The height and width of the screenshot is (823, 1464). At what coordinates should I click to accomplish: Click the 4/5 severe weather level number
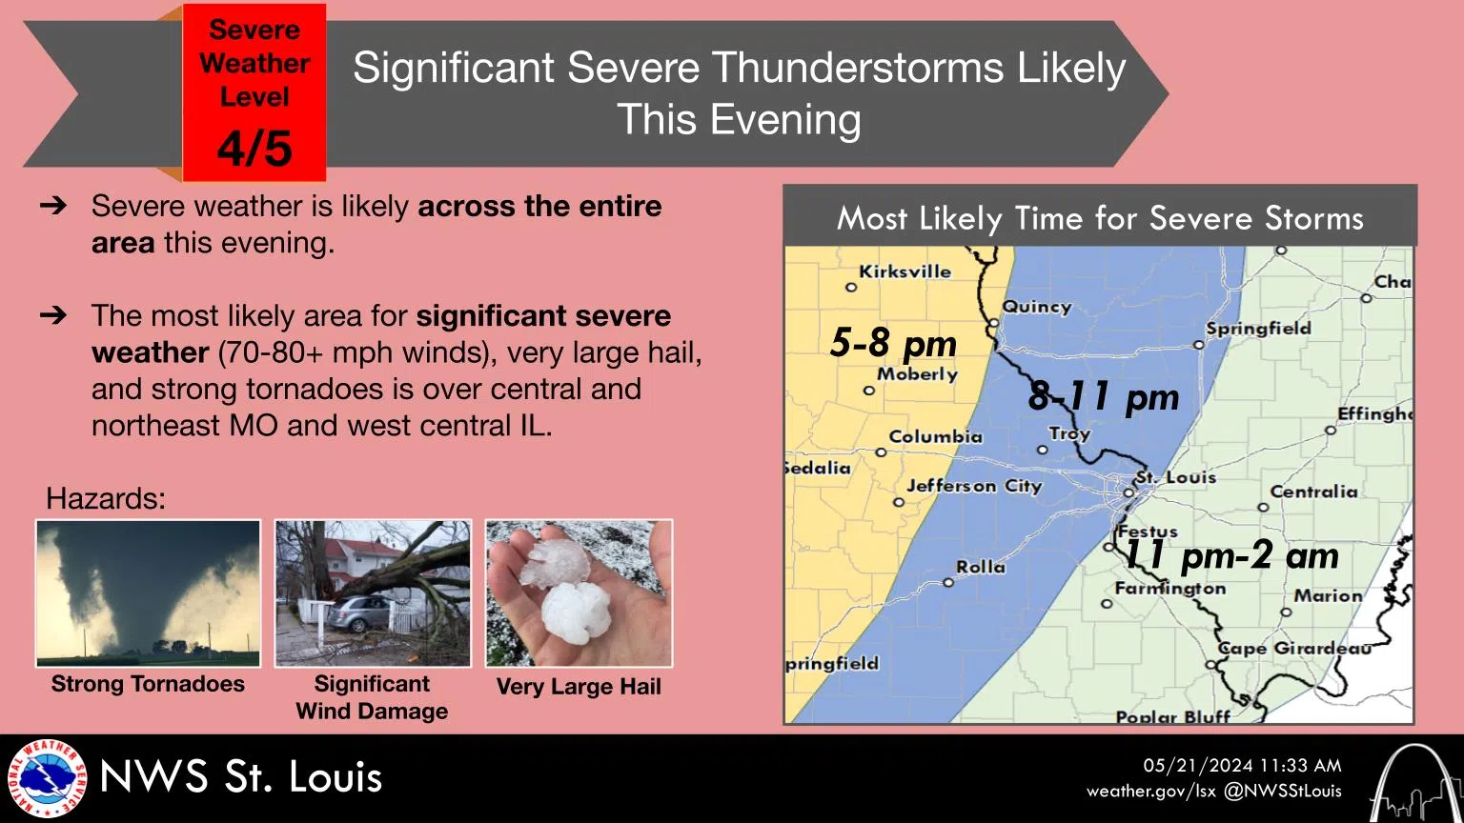click(254, 149)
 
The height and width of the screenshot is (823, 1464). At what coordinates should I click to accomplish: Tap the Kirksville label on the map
click(905, 271)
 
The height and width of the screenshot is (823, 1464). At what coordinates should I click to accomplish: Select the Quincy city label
click(1037, 307)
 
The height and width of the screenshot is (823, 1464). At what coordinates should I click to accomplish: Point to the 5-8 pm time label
click(893, 343)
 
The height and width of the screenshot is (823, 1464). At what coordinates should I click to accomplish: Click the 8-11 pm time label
click(1103, 396)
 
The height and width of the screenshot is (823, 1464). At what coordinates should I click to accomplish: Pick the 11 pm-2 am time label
click(1231, 555)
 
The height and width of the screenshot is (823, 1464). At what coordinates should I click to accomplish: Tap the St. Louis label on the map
click(1176, 477)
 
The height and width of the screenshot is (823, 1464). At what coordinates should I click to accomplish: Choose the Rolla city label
click(981, 567)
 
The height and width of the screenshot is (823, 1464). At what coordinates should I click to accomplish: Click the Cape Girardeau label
click(1294, 648)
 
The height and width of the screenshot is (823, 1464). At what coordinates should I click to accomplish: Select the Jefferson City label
click(974, 486)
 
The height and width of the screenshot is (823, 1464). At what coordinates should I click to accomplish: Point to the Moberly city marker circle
click(868, 391)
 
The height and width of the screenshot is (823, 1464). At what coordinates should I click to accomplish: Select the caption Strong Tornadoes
click(148, 684)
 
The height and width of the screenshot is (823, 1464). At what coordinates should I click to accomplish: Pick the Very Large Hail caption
click(579, 687)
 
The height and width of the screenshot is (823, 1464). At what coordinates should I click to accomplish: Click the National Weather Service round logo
click(47, 778)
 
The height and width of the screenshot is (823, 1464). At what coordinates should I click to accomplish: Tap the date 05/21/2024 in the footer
click(1198, 766)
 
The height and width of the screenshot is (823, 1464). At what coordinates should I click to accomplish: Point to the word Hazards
click(105, 498)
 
